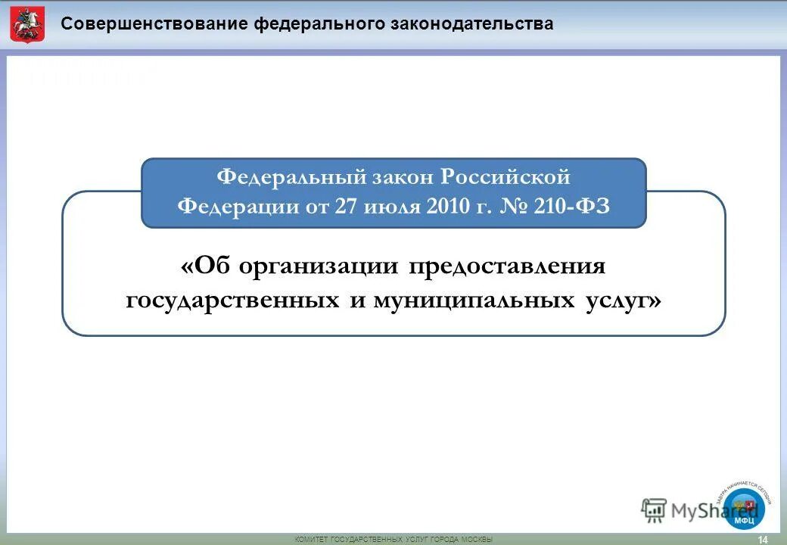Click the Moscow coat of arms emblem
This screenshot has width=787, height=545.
[27, 24]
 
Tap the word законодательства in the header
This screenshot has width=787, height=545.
[471, 23]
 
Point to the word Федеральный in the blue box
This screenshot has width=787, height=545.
[291, 177]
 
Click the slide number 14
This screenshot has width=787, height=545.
[762, 539]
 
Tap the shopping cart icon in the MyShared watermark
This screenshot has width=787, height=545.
[653, 510]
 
